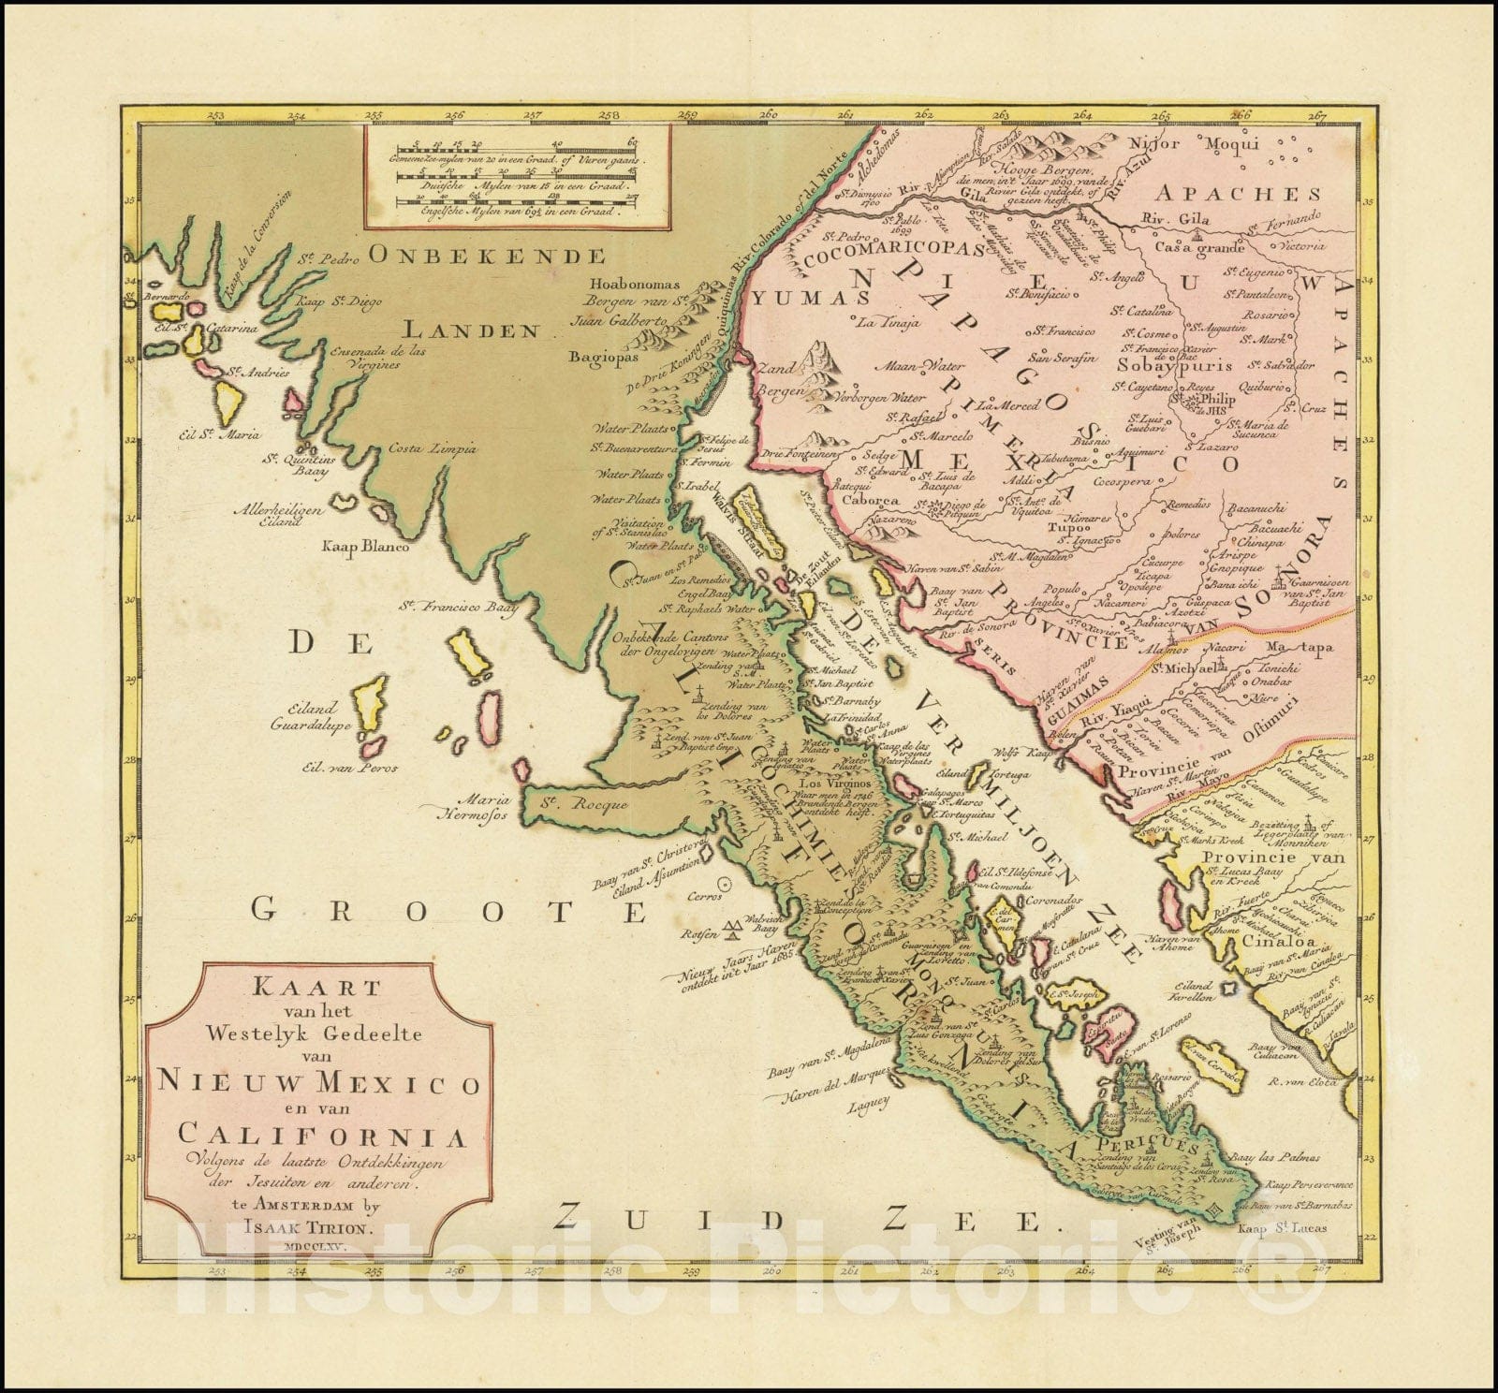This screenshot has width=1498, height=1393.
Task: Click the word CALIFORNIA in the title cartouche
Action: coord(319,1138)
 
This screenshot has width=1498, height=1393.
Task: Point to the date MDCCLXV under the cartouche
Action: coord(320,1246)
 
